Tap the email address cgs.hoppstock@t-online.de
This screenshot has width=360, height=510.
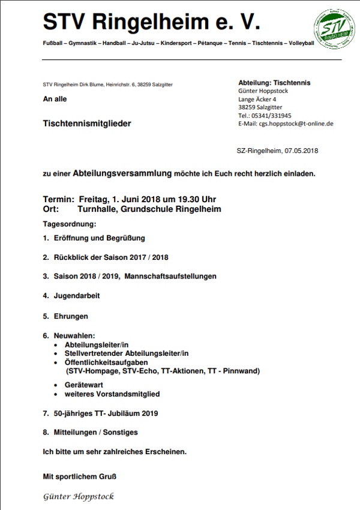click(296, 124)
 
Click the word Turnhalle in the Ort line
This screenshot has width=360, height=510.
click(99, 209)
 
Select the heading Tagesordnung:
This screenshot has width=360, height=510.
click(70, 224)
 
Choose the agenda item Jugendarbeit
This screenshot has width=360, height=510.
click(77, 296)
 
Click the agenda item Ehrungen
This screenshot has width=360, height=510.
click(71, 316)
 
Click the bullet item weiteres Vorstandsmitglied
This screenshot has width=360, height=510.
click(112, 394)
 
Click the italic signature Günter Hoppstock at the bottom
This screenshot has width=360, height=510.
click(79, 497)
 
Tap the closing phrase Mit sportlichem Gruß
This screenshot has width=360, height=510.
click(79, 477)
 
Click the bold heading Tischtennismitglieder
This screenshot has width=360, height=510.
click(87, 124)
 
